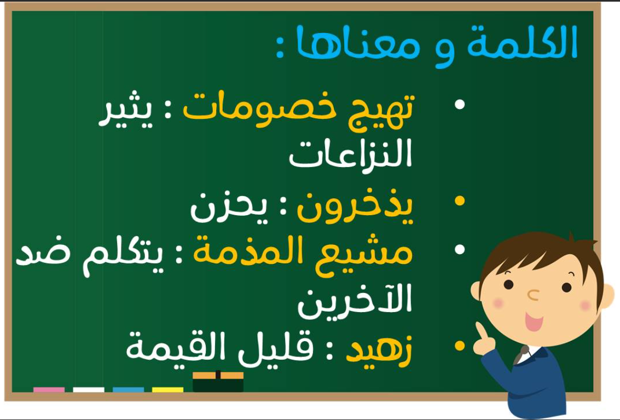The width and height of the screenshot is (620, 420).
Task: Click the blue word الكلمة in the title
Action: tap(522, 42)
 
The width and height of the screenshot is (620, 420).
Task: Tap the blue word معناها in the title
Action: tap(358, 42)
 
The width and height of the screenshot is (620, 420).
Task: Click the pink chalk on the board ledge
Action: tap(49, 390)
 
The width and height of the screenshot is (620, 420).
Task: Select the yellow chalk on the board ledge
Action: tap(167, 390)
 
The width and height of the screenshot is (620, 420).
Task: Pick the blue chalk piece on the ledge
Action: tap(128, 390)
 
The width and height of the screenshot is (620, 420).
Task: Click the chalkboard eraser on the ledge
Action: tap(218, 382)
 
